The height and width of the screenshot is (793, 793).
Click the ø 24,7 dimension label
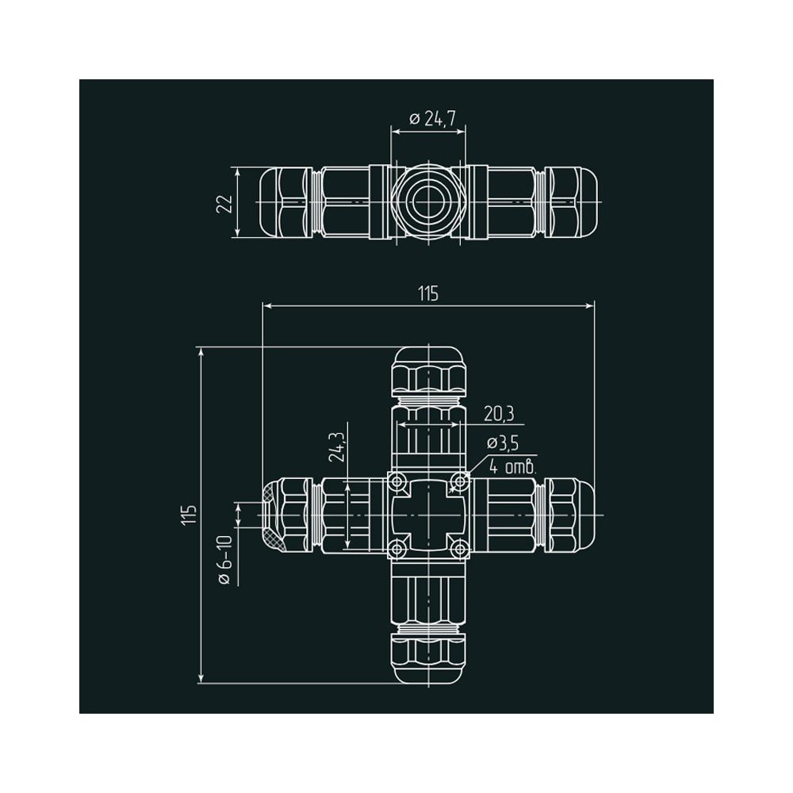(x=432, y=119)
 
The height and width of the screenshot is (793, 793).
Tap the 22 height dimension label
(x=224, y=203)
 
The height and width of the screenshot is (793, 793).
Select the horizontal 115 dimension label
(x=428, y=293)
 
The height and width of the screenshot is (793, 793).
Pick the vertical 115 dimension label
(x=190, y=515)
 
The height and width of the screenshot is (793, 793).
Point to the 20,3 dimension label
(x=499, y=414)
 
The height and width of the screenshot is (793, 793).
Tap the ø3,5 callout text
(x=503, y=443)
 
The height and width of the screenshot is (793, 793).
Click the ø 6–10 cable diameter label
(x=225, y=560)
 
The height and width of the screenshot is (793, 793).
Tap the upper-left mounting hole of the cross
(x=398, y=481)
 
